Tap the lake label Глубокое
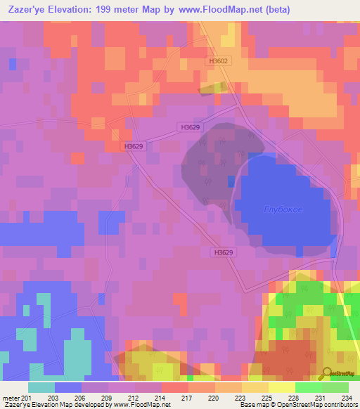click(x=283, y=209)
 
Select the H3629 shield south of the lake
click(x=221, y=252)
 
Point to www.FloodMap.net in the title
click(x=221, y=8)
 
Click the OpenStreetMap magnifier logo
click(x=328, y=373)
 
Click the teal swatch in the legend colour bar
click(x=41, y=387)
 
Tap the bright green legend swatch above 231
click(x=309, y=387)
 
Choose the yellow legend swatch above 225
click(x=255, y=387)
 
